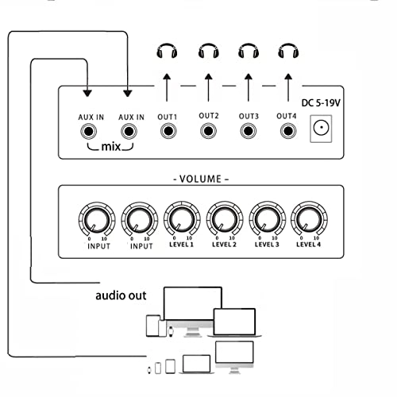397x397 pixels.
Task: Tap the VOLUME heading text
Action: [200, 179]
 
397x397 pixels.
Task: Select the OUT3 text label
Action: [249, 117]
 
